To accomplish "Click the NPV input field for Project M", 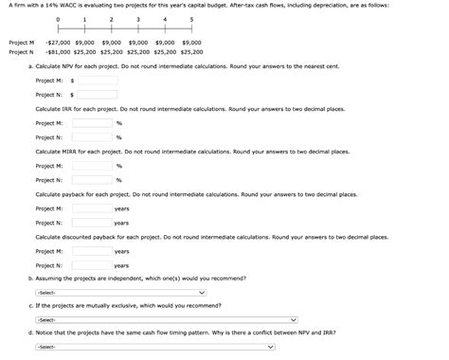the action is [x=97, y=81].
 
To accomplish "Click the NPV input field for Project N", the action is [x=97, y=95].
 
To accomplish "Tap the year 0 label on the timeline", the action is [x=58, y=19].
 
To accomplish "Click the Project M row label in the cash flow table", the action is [x=21, y=43].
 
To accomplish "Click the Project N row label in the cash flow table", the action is [x=21, y=52].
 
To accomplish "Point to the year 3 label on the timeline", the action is [x=138, y=19].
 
